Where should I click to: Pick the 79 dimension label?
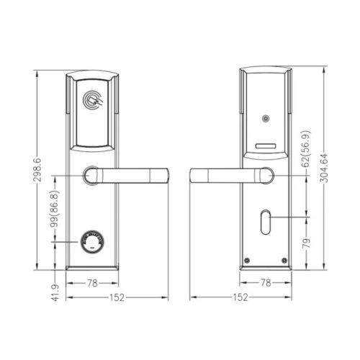pyautogui.click(x=306, y=243)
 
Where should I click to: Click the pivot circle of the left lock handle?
pyautogui.click(x=91, y=175)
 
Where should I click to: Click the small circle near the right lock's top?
pyautogui.click(x=264, y=119)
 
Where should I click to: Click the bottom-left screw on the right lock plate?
pyautogui.click(x=248, y=261)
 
